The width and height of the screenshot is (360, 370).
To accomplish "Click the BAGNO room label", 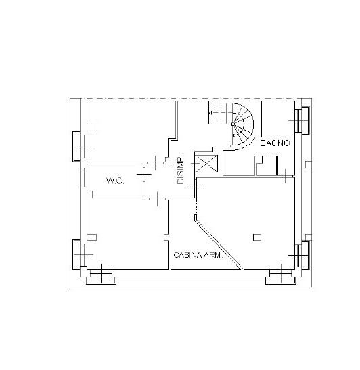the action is point(275,143).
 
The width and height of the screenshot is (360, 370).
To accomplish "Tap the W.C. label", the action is point(115,181).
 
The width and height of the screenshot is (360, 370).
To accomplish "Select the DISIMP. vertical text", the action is point(181,170).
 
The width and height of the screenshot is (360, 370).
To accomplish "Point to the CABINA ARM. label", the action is point(198,255).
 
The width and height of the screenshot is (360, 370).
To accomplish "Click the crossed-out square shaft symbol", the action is point(207,163).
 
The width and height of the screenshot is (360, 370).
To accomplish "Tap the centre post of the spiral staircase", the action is point(233,124).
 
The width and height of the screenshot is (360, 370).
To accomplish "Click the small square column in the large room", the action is point(257,237).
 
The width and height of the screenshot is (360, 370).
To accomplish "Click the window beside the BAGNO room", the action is point(302,120).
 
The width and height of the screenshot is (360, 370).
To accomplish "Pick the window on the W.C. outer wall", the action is point(83,177).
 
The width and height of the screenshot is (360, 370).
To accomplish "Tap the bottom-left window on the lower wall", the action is point(101,277).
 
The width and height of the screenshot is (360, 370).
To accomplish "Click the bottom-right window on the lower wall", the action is point(280,277).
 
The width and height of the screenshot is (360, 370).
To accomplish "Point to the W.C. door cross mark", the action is point(144,174).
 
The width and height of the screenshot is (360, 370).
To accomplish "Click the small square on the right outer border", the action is point(309,164).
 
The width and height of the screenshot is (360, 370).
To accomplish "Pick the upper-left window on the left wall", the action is point(80,147).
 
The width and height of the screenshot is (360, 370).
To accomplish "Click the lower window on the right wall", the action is point(302,255).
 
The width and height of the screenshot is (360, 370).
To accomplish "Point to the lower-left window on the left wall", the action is point(80,254).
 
